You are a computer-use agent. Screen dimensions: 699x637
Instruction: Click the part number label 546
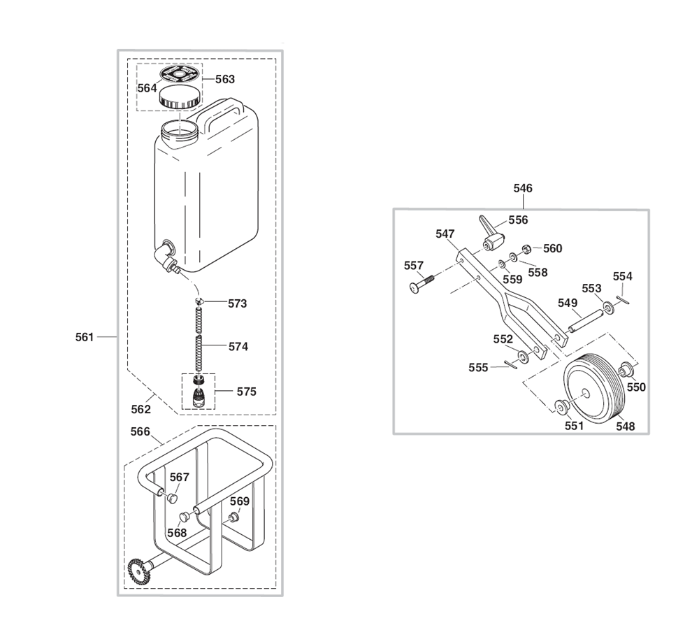[x=522, y=188]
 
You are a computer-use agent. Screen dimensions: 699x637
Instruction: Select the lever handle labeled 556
[x=491, y=232]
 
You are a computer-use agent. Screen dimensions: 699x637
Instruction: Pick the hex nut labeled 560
[x=526, y=248]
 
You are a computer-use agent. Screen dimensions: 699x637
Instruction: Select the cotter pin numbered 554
[x=624, y=299]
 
